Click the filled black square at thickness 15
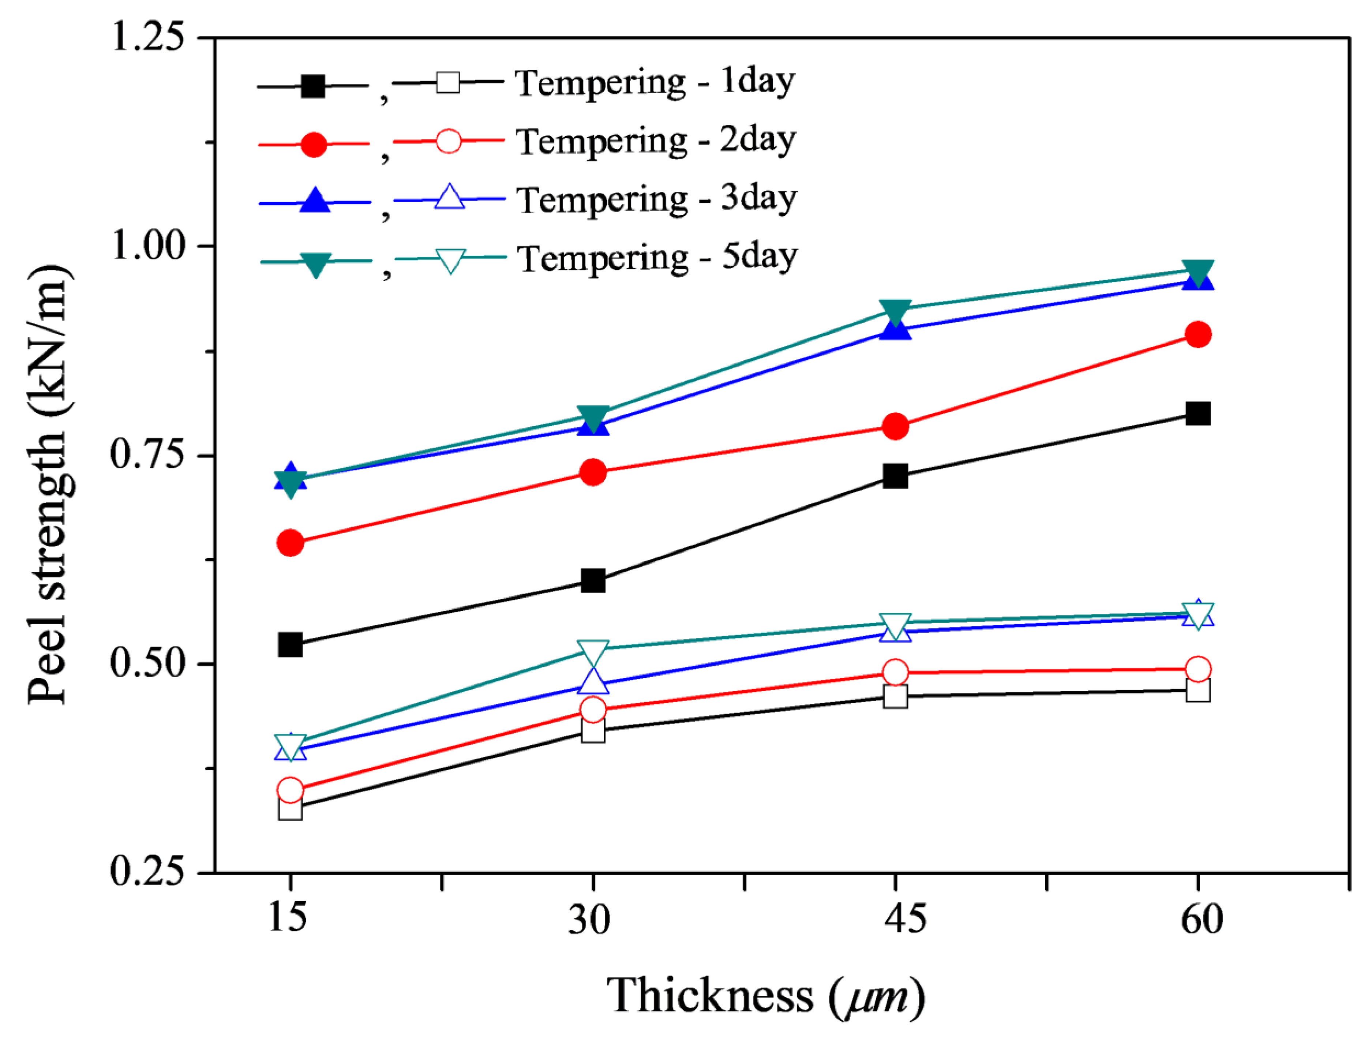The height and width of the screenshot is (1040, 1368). click(290, 644)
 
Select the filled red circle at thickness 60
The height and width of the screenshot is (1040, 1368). click(1198, 334)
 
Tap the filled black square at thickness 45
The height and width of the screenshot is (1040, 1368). click(895, 476)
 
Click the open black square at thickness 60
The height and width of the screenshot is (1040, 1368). click(1198, 690)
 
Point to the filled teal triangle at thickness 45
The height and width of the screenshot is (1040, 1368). click(895, 311)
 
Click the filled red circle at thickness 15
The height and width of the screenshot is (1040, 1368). click(290, 543)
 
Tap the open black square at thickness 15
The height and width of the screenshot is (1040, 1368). click(290, 808)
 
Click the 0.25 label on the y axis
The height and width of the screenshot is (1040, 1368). click(148, 872)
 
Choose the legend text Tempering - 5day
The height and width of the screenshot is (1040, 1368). click(657, 258)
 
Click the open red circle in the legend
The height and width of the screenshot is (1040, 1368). click(448, 141)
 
